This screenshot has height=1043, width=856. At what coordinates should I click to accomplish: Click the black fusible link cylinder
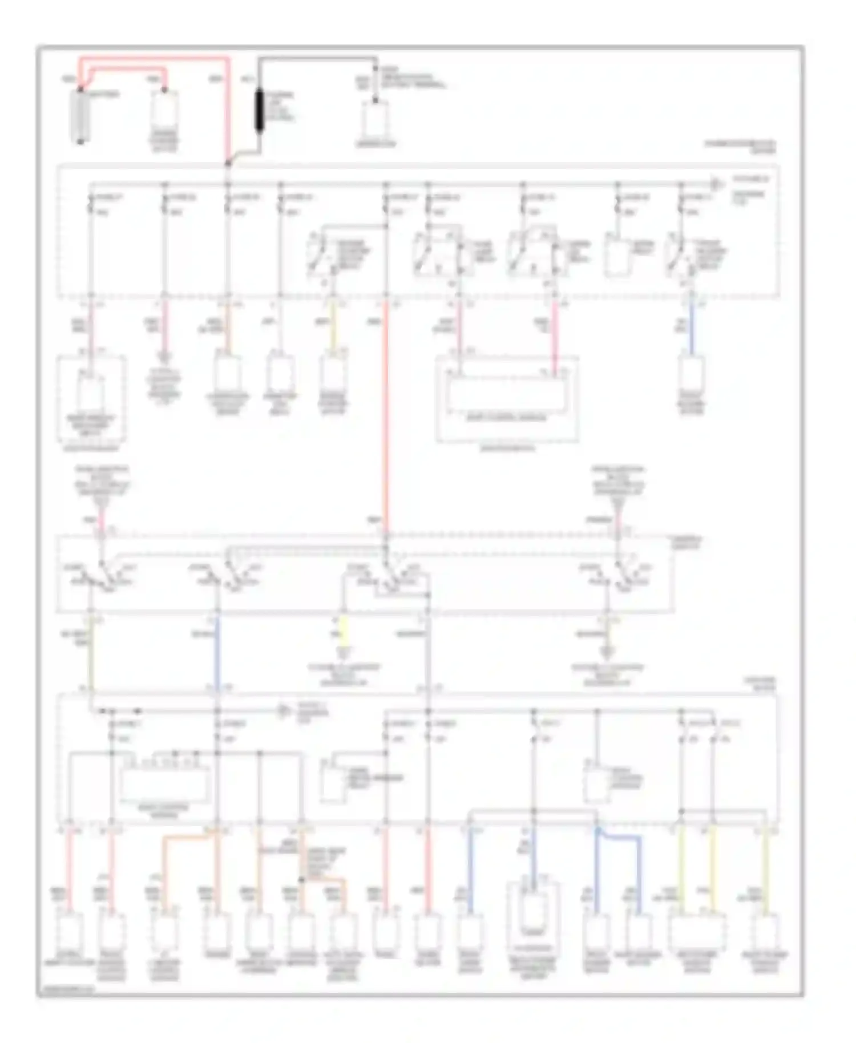[x=259, y=111]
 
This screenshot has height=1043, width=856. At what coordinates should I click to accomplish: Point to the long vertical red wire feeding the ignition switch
[x=386, y=417]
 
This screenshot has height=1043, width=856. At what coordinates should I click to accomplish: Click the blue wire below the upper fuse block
[x=692, y=328]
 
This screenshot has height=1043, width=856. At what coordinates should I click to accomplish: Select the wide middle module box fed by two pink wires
[x=506, y=392]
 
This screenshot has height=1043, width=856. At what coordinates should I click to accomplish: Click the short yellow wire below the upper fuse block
[x=334, y=328]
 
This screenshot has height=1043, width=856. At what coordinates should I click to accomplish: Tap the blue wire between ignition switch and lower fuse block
[x=217, y=650]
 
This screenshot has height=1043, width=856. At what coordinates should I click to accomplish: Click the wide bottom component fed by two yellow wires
[x=697, y=933]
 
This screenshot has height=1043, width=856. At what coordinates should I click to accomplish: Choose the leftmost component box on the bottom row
[x=70, y=933]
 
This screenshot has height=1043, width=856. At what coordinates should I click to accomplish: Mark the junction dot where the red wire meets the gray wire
[x=228, y=164]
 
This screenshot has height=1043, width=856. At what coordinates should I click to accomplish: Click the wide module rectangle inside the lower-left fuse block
[x=165, y=784]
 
